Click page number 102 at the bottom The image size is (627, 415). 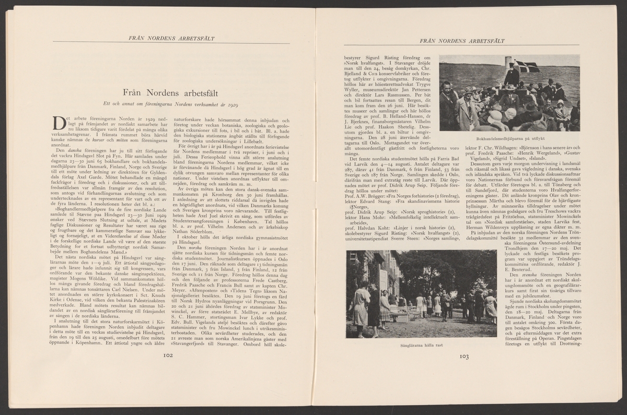tap(168, 355)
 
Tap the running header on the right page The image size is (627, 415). tap(461, 40)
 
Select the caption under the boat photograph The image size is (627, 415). tap(509, 139)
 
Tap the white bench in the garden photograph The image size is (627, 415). tap(401, 312)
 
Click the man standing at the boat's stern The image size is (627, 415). tap(512, 75)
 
